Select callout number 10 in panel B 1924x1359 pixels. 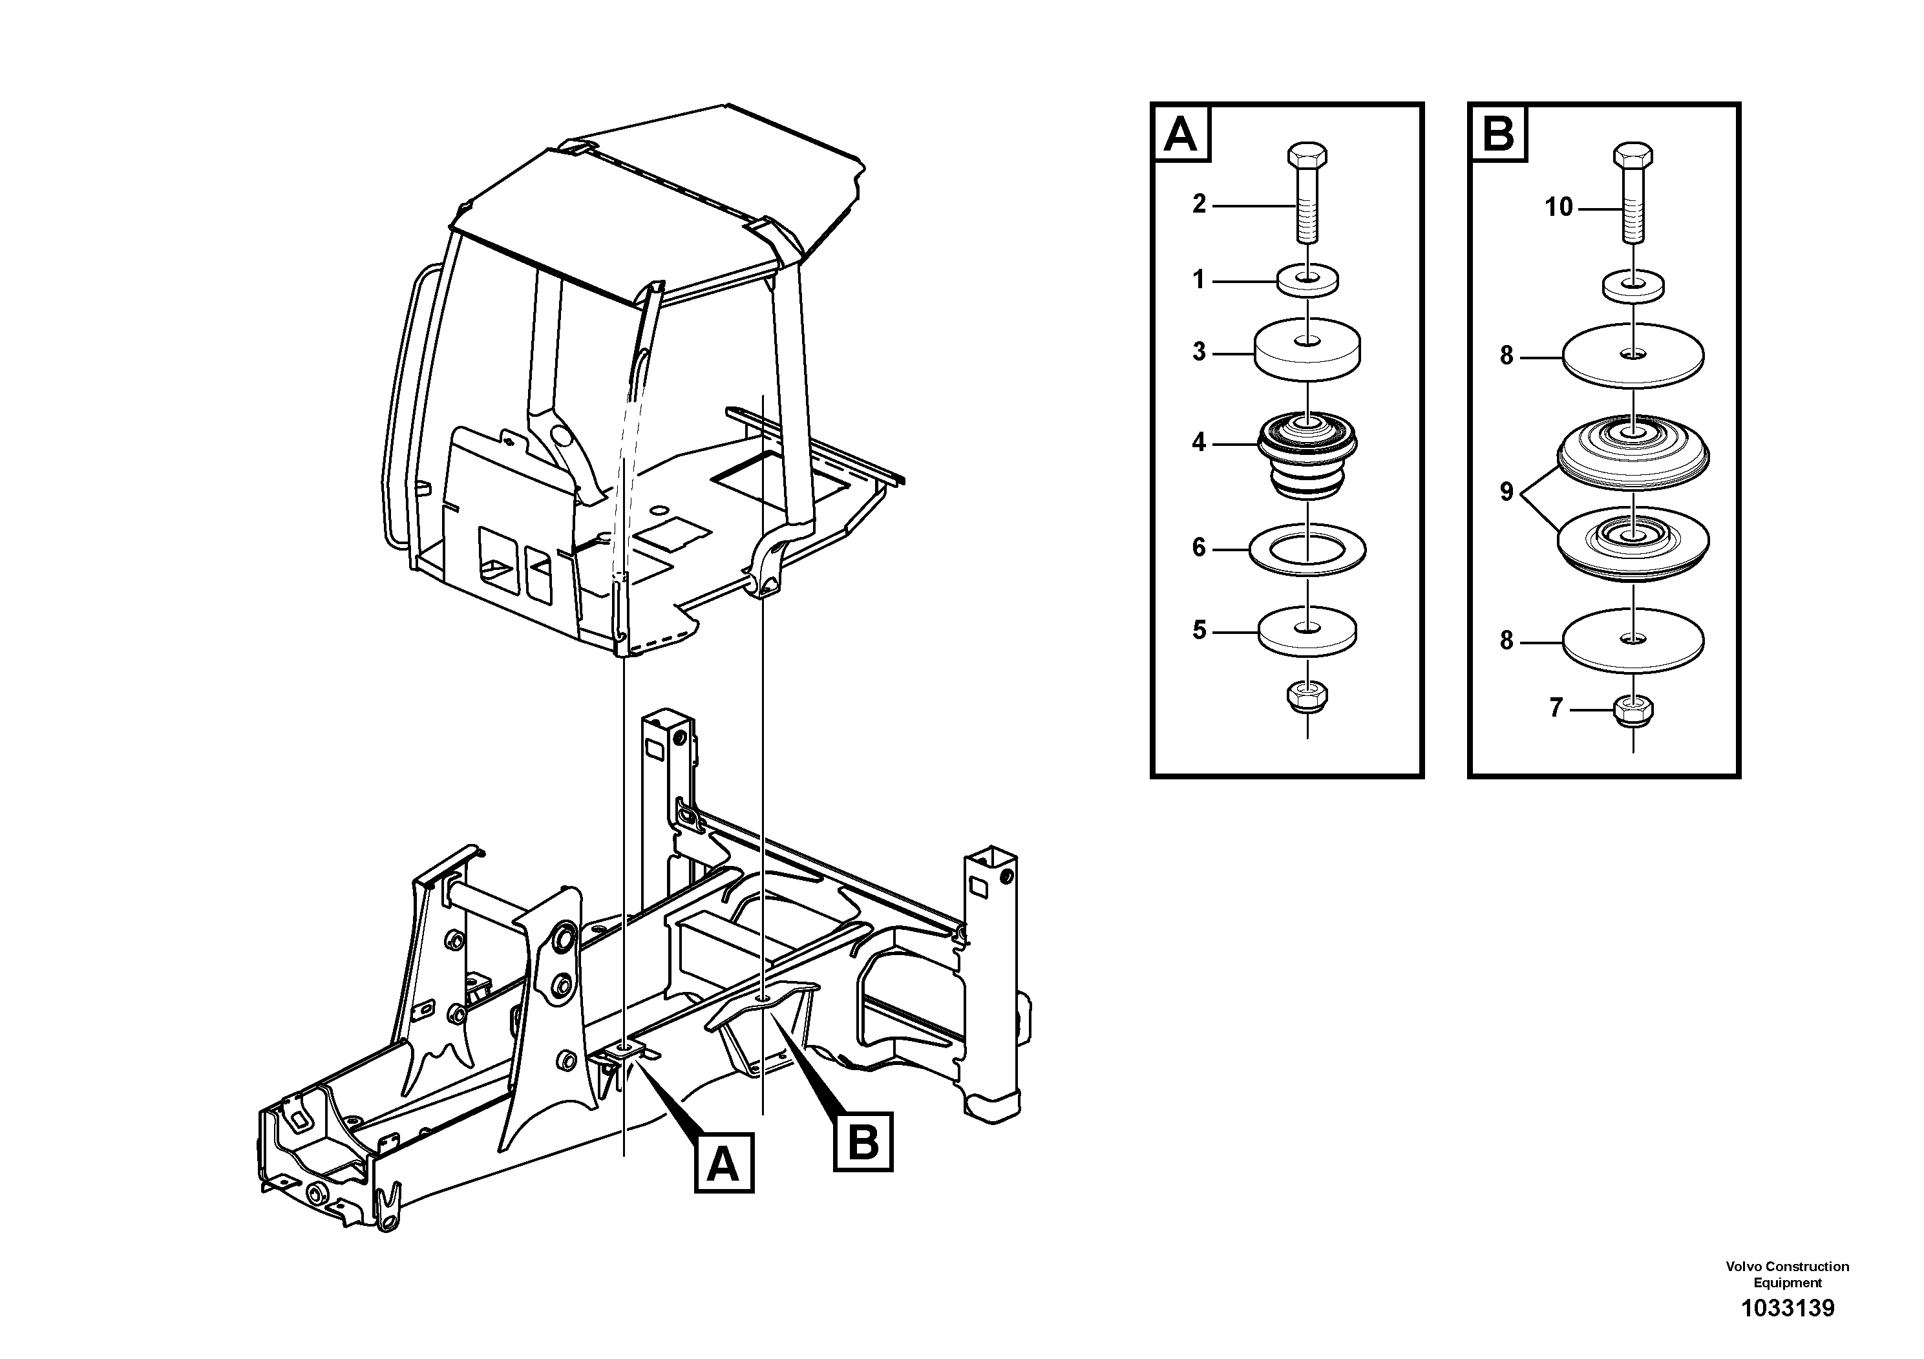click(1559, 207)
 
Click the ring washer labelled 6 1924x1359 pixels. click(1306, 549)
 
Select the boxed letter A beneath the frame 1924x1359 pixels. click(724, 1164)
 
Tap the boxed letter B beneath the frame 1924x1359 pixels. click(863, 1141)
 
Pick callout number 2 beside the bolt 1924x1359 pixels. click(1199, 204)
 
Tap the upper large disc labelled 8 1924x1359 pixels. click(1633, 356)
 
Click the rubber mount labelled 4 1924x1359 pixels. click(1306, 457)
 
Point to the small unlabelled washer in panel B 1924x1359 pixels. click(1633, 285)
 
